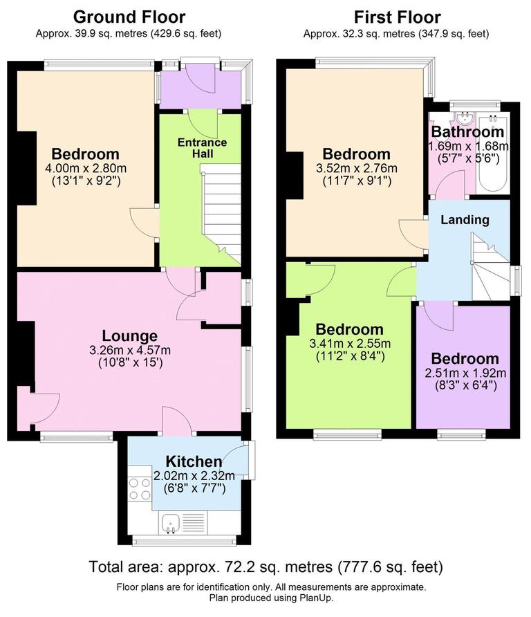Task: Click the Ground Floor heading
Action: pos(129,17)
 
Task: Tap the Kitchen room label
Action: pos(194,461)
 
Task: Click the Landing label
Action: pos(465,220)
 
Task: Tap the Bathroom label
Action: pos(467,131)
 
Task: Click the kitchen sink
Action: pos(169,523)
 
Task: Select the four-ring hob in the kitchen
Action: pos(140,489)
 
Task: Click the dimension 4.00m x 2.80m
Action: pos(86,169)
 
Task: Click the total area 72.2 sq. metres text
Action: pos(265,567)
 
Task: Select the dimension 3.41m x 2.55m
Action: pos(349,344)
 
